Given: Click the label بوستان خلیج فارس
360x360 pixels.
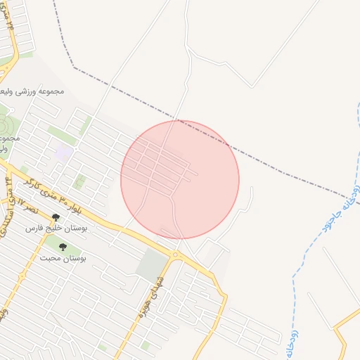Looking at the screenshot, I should click(x=35, y=229).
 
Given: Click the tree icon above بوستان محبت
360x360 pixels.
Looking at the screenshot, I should click(x=63, y=247).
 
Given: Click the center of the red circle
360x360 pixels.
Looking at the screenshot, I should click(x=180, y=179).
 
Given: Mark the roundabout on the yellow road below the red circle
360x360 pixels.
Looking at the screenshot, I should click(x=175, y=255).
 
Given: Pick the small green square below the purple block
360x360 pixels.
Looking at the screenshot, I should click(x=79, y=182).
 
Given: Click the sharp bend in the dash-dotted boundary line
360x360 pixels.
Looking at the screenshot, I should click(x=74, y=68).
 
